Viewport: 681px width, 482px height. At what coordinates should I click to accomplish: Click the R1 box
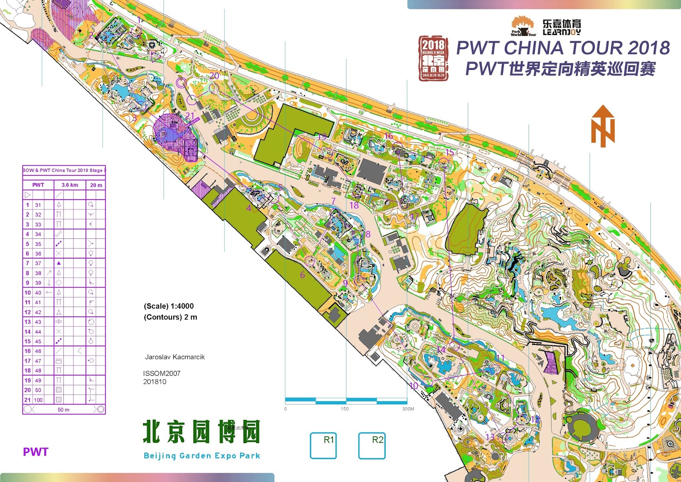(x=323, y=445)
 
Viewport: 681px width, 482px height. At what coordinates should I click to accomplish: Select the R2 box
(x=372, y=445)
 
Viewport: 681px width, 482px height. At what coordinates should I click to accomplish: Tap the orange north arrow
(x=603, y=126)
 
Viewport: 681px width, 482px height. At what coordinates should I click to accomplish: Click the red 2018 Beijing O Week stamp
(x=433, y=58)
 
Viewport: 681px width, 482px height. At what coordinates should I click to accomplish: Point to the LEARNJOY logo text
(x=561, y=32)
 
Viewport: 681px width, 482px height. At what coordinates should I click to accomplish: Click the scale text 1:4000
(x=181, y=306)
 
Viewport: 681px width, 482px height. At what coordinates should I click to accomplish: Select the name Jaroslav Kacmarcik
(x=175, y=357)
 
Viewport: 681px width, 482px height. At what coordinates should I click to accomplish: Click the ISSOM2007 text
(x=162, y=373)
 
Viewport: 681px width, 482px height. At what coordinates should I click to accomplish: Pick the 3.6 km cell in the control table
(x=70, y=185)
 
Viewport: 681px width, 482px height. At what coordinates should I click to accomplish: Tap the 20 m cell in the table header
(x=96, y=185)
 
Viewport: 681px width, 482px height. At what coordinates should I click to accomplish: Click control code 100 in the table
(x=38, y=400)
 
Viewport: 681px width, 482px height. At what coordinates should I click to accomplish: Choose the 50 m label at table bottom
(x=63, y=410)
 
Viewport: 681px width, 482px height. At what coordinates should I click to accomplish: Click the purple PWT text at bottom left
(x=36, y=452)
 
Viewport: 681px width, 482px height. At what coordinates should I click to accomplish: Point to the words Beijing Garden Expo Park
(x=202, y=456)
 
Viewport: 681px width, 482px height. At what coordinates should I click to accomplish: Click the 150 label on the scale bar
(x=344, y=409)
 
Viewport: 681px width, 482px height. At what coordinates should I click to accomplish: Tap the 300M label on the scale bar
(x=408, y=409)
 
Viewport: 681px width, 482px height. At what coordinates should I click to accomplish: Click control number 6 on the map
(x=303, y=275)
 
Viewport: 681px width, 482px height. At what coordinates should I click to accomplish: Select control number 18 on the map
(x=354, y=205)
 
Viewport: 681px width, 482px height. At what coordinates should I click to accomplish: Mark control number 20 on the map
(x=214, y=76)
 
